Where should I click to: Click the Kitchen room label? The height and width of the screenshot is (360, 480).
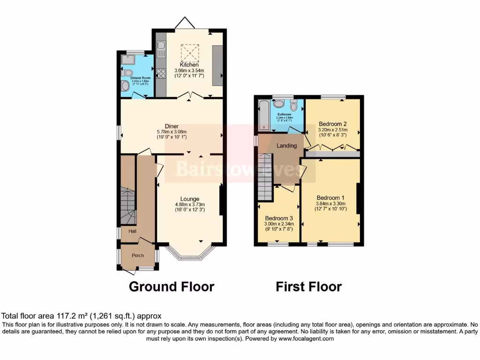189,65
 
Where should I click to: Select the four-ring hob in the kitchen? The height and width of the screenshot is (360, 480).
161,73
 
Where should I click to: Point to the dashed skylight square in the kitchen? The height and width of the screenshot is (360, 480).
189,51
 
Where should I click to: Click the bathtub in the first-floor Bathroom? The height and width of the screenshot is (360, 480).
262,115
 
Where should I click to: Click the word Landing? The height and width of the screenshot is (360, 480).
286,146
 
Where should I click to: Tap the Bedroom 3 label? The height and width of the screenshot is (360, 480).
279,218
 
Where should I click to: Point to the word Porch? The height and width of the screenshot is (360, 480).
138,255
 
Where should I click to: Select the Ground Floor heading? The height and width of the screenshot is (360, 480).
172,286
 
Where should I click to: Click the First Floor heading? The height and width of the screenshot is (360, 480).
308,286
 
